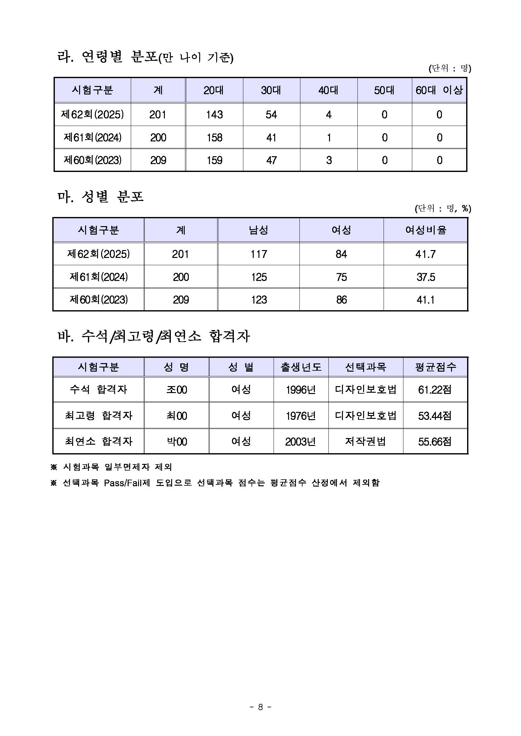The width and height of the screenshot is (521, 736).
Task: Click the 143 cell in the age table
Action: (x=214, y=115)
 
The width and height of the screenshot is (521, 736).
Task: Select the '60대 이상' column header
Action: (x=439, y=90)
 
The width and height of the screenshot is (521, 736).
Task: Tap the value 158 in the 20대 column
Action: (x=214, y=138)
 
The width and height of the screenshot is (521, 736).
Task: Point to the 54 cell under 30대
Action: (x=271, y=115)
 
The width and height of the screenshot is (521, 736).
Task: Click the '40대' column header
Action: (x=328, y=90)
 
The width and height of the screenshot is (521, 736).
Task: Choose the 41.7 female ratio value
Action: (x=425, y=254)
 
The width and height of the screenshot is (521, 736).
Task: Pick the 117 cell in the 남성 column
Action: (x=258, y=254)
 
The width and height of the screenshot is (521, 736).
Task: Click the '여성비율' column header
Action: (x=425, y=230)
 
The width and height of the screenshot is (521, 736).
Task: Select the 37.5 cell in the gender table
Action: (x=425, y=277)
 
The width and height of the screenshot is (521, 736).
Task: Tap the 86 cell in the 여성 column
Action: (x=341, y=300)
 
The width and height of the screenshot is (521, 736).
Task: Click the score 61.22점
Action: (x=435, y=390)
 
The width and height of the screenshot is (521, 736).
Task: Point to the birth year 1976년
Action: (x=301, y=416)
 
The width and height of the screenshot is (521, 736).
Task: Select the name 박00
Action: (x=177, y=442)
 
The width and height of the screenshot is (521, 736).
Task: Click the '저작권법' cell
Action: (x=365, y=442)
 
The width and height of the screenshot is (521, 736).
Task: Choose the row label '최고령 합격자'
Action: (x=98, y=416)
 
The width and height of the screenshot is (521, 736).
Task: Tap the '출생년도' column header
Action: (x=301, y=367)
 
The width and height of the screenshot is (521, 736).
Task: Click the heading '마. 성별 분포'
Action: (x=101, y=197)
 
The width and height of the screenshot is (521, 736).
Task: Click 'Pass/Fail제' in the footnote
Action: (x=127, y=483)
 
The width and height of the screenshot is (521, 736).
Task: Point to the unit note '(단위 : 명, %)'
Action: (x=443, y=209)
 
